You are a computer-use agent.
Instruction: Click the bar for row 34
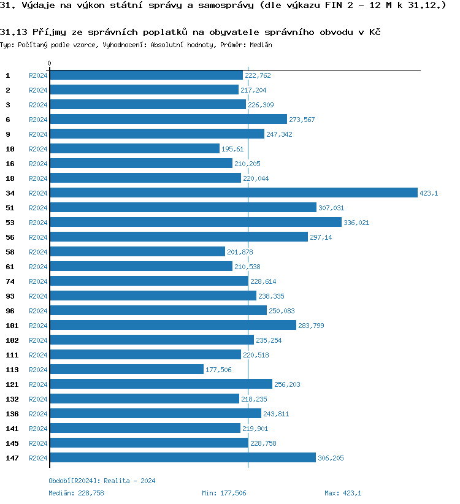click(233, 193)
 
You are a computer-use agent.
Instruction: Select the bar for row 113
click(126, 369)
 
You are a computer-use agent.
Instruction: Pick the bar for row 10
click(134, 148)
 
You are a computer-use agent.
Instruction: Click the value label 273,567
click(302, 120)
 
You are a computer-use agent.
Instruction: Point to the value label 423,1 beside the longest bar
click(429, 193)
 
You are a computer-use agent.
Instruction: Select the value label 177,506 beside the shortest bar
click(218, 370)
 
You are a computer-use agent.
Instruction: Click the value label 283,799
click(311, 326)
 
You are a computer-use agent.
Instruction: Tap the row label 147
click(12, 458)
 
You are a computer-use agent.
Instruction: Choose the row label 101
click(12, 326)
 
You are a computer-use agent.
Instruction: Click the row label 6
click(8, 120)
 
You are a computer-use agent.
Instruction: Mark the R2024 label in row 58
click(38, 252)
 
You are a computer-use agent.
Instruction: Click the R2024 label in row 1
click(38, 75)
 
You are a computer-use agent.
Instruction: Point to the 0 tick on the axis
click(50, 63)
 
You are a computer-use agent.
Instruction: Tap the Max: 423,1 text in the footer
click(343, 493)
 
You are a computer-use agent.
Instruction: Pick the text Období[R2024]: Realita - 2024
click(102, 481)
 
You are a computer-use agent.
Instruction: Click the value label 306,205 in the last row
click(331, 458)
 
